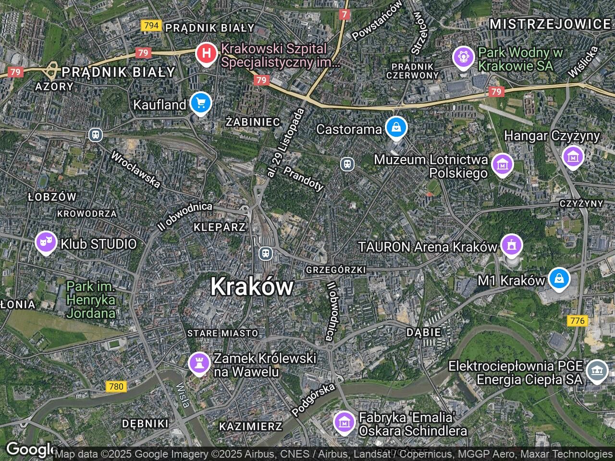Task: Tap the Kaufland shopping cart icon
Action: click(200, 103)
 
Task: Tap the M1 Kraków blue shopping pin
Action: click(559, 279)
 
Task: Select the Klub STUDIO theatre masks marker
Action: click(46, 243)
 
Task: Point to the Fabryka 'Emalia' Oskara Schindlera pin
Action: click(344, 422)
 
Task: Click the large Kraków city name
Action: click(252, 287)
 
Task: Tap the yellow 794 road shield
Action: click(151, 25)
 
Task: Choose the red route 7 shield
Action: click(344, 14)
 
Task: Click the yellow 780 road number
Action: click(116, 386)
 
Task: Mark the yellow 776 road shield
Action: click(577, 320)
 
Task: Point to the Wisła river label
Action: click(183, 394)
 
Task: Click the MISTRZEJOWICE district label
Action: click(550, 24)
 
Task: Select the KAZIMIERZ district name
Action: click(250, 426)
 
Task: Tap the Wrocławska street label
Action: click(135, 170)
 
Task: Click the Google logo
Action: click(29, 449)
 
